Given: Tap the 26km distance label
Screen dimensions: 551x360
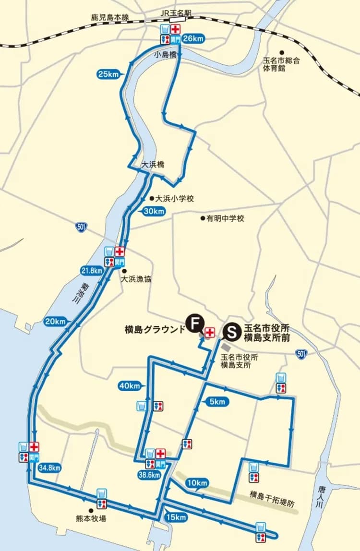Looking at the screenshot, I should tap(193, 38).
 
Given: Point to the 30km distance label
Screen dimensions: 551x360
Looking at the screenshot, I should tap(154, 211).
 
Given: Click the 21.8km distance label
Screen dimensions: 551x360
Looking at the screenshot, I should tap(92, 271).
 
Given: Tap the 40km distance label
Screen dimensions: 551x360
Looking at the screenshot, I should tap(129, 385).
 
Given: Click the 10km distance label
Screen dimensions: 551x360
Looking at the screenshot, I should tap(197, 482).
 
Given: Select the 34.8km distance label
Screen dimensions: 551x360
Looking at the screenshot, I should tap(50, 467).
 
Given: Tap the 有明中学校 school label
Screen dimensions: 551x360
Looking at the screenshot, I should tap(225, 219).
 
